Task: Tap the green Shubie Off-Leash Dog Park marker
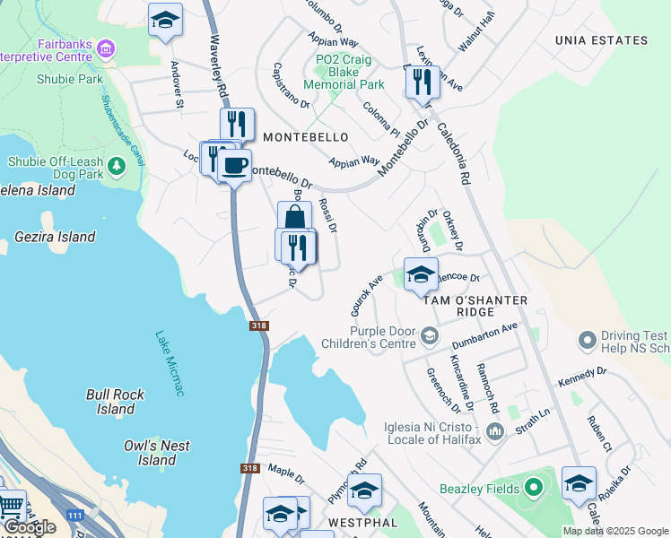[116, 166]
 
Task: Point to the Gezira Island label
[56, 238]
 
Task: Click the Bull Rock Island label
[115, 401]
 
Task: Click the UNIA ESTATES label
[601, 40]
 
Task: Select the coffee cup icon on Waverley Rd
[235, 166]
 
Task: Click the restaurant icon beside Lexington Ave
[421, 82]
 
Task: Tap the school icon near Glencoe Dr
[420, 274]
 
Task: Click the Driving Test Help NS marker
[588, 341]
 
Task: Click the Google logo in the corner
[30, 527]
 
